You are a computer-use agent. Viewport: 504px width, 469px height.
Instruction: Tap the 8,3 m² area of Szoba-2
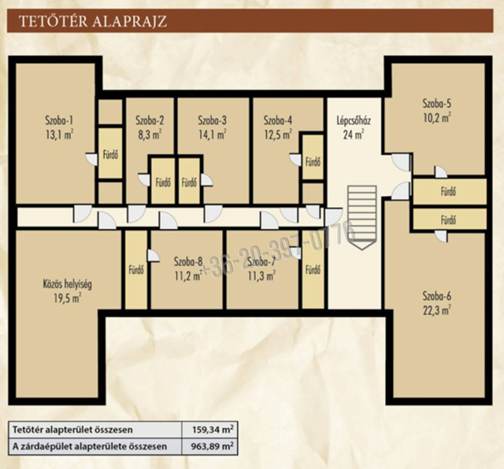[150, 134]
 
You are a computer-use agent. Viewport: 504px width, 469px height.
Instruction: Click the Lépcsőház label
[353, 121]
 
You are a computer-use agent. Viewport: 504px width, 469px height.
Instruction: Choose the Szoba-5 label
[437, 103]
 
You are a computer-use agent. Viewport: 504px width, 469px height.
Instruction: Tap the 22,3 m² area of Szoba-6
[437, 311]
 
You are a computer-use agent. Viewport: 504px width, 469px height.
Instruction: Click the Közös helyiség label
[67, 284]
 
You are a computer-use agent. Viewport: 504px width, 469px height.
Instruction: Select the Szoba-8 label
[189, 262]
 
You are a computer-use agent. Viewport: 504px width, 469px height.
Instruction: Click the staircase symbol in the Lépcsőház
[362, 218]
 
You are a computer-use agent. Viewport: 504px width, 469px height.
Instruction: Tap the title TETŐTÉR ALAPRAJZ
[93, 21]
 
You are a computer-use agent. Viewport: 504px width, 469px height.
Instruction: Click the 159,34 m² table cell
[210, 430]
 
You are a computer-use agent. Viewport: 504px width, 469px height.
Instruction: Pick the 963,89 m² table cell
[210, 446]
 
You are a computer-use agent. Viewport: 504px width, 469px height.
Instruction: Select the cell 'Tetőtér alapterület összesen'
[95, 430]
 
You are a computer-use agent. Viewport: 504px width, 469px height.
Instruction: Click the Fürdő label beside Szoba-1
[110, 155]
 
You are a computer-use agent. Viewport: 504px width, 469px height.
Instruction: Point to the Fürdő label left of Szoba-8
[136, 270]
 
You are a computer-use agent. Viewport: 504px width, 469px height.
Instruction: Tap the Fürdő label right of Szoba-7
[313, 270]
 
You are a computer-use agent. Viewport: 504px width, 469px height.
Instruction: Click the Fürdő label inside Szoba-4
[313, 162]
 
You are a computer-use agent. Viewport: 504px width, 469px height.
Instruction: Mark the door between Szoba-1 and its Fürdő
[91, 159]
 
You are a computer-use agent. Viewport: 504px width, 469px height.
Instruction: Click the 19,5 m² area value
[67, 299]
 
